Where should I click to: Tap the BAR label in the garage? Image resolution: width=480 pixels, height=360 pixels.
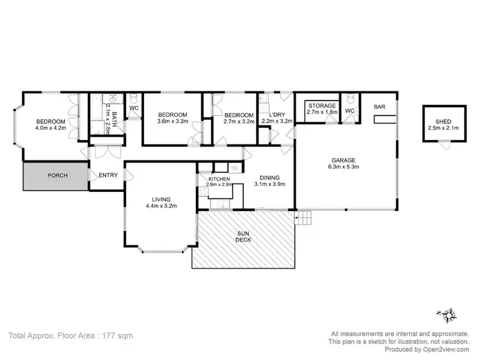point(380,106)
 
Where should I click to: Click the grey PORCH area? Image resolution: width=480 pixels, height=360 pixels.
point(55,175)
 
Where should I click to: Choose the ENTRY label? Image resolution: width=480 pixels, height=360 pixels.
point(108,175)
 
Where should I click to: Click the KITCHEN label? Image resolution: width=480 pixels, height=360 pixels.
point(219,179)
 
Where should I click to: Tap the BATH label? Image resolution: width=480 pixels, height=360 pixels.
point(115,117)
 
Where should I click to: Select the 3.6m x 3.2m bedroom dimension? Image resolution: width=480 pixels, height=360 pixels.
point(173,120)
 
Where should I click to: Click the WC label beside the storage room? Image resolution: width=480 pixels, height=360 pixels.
point(349,111)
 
